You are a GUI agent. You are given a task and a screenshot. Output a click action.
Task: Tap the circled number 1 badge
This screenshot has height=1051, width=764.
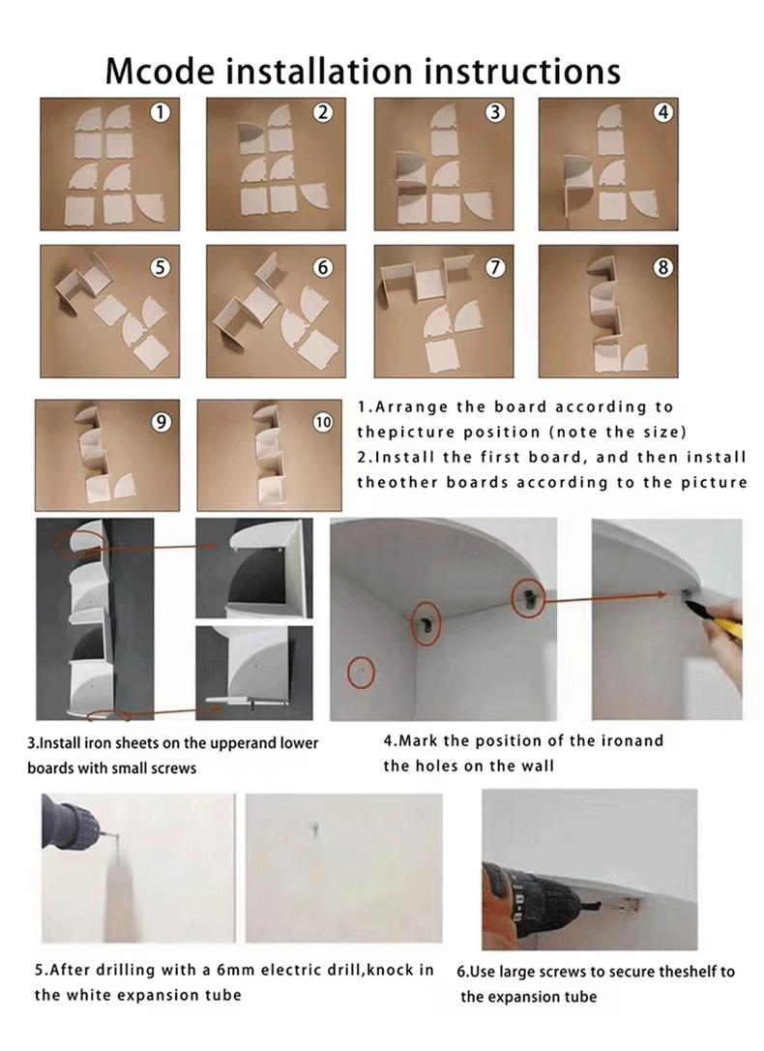coord(160,112)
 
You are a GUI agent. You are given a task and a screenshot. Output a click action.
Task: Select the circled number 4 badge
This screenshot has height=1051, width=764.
coord(661,112)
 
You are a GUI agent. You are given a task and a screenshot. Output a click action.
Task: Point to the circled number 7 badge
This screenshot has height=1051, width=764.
coord(495,267)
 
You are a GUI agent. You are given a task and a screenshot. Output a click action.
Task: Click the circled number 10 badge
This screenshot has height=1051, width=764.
coord(323,422)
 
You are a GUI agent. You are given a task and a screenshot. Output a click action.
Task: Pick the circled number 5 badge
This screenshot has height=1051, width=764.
coord(160,267)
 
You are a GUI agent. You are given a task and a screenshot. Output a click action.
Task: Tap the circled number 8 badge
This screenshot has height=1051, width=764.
coord(661,267)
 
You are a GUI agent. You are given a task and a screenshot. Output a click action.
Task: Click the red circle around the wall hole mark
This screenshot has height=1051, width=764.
coord(361,672)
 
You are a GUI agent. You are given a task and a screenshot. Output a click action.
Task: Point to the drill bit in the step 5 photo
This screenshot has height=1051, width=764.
coord(107,835)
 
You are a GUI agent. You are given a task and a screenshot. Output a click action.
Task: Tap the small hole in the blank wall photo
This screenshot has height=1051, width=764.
coord(314,829)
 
